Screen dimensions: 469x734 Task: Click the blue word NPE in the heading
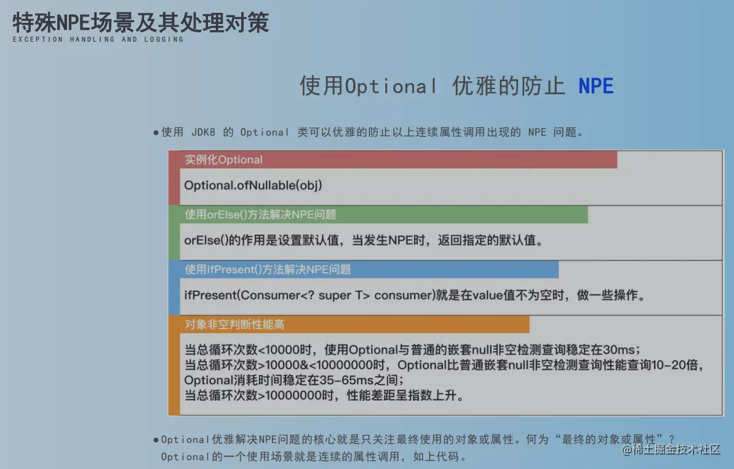(596, 86)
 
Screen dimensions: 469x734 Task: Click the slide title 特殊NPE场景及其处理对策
(140, 23)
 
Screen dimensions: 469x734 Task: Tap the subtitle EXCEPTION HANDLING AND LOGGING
(98, 39)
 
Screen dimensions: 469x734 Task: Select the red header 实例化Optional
(223, 160)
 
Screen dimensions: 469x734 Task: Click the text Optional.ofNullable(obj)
(253, 185)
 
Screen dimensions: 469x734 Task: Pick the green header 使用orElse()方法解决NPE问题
(260, 215)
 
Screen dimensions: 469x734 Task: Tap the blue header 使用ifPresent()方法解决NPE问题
(268, 269)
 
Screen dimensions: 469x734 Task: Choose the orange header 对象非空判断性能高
(234, 324)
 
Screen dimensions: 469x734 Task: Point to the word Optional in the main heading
(391, 86)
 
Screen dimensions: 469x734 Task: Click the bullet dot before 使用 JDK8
(156, 133)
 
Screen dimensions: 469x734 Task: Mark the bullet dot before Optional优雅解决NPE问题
(156, 440)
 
